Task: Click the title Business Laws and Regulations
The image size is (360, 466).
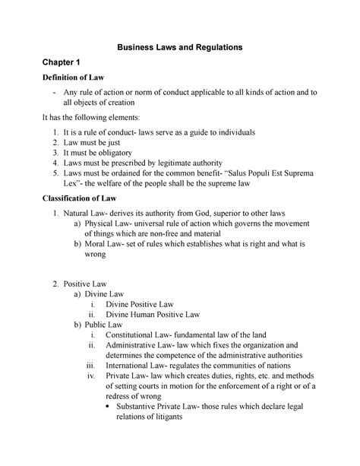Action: click(179, 47)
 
